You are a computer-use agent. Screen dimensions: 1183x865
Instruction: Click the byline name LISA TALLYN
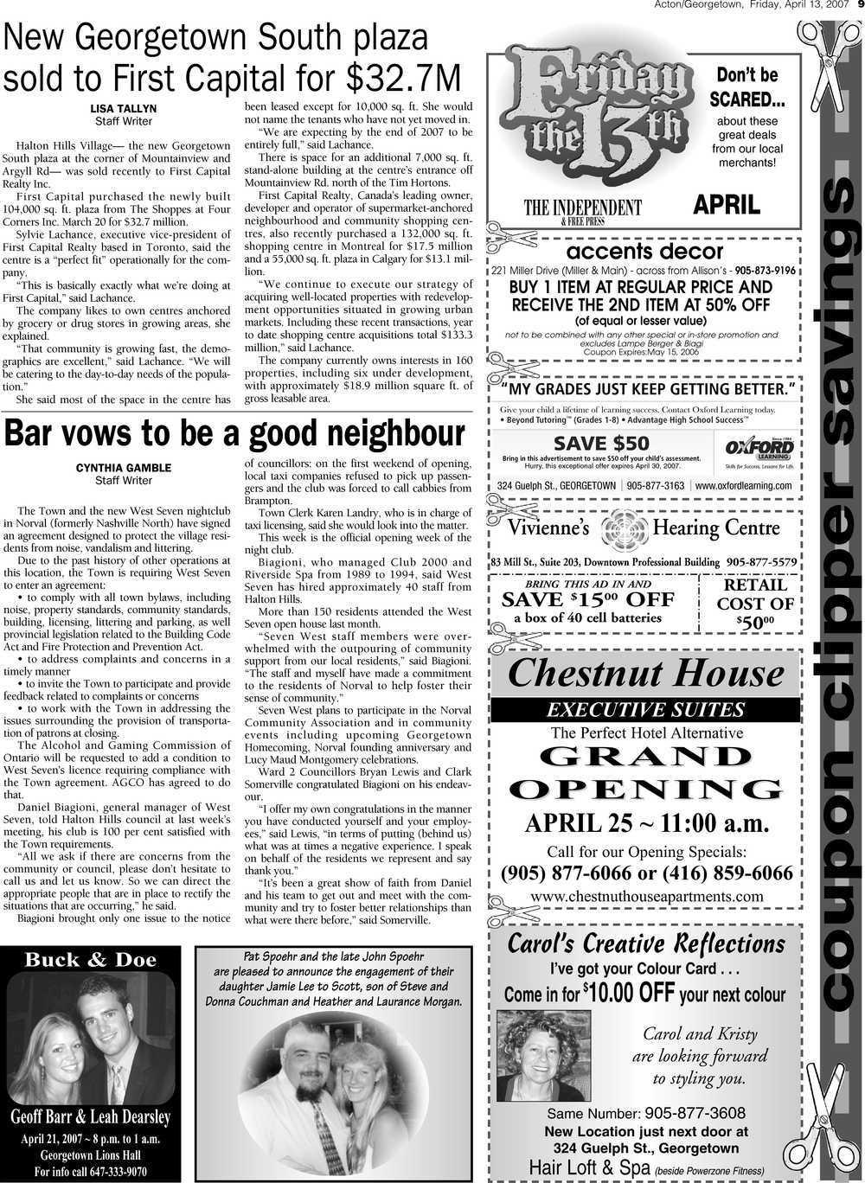(124, 109)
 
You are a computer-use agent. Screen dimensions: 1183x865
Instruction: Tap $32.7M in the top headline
(403, 78)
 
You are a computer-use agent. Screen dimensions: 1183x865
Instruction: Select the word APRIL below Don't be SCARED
(727, 205)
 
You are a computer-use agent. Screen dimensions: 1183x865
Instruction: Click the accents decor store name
(644, 252)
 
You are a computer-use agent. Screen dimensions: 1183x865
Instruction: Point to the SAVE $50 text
(600, 443)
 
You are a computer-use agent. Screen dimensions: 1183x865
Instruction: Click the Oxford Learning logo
(758, 451)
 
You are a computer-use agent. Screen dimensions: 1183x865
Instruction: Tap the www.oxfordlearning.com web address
(743, 486)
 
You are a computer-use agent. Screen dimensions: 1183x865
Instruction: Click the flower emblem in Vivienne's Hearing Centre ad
(621, 528)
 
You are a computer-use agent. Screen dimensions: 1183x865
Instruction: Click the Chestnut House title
(645, 673)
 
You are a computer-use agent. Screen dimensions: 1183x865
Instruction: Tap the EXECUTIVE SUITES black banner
(645, 710)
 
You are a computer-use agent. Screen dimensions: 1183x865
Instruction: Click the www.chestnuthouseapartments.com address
(646, 896)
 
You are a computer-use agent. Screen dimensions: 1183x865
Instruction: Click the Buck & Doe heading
(91, 959)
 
